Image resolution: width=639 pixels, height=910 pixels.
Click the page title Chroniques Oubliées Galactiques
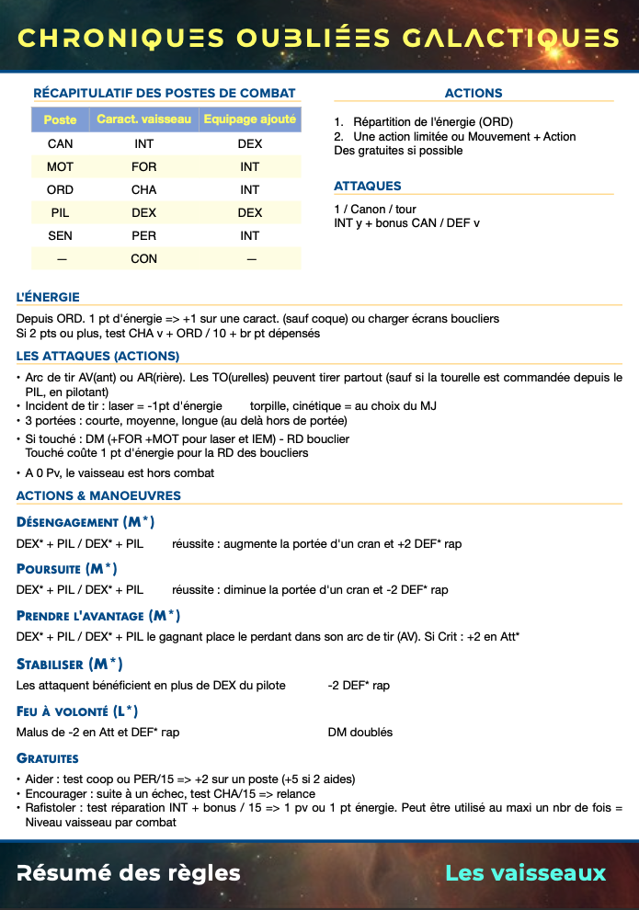318,38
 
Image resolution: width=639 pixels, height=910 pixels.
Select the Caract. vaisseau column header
143,120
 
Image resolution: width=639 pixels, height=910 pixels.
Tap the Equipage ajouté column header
249,120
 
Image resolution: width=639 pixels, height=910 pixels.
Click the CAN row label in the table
60,143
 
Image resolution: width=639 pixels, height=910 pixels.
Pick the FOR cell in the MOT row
143,166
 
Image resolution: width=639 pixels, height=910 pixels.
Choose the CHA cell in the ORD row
143,189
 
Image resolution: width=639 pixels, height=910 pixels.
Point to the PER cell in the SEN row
143,235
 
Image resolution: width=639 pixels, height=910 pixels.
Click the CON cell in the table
143,258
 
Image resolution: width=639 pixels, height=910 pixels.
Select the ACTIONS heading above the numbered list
473,93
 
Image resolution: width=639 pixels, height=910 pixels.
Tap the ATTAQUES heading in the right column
368,187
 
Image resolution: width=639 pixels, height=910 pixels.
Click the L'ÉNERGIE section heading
48,297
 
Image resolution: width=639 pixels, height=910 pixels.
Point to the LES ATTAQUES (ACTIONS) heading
97,356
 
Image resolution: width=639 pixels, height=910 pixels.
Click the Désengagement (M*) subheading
86,522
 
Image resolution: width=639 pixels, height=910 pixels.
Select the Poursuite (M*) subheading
66,569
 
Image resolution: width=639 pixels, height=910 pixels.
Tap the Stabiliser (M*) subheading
70,664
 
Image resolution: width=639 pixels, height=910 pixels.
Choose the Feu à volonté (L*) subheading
77,711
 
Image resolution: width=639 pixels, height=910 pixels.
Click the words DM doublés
359,733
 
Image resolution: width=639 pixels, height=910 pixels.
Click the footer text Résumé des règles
129,873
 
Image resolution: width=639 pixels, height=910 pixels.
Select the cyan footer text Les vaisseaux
525,873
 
